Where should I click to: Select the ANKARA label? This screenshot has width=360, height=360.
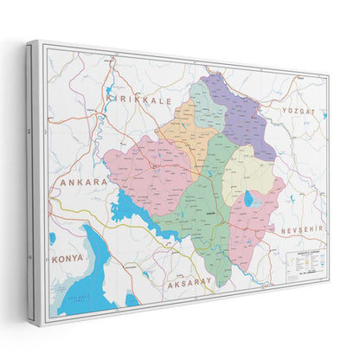point(83,183)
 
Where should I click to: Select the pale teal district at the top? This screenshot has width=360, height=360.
point(208,105)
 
